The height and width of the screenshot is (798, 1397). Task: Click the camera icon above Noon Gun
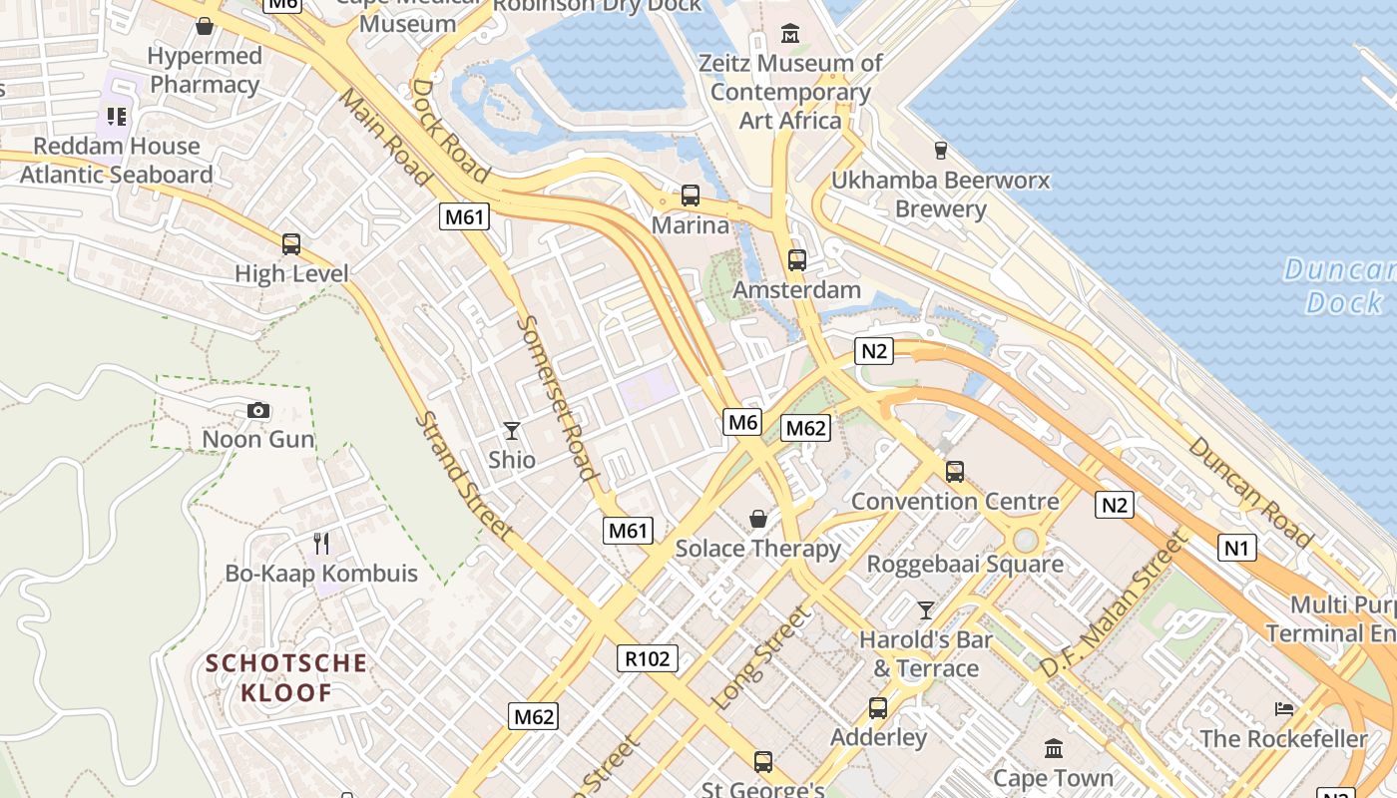(257, 411)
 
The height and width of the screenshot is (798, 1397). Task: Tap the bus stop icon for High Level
(291, 244)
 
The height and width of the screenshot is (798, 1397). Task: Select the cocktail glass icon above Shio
(512, 431)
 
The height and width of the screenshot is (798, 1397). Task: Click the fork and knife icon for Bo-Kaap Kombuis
(321, 544)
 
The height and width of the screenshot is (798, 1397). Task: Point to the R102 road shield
(647, 658)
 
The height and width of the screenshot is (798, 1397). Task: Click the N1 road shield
(1236, 547)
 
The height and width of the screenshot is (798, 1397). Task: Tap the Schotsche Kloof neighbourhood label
(286, 677)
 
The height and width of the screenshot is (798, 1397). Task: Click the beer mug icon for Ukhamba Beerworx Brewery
(940, 151)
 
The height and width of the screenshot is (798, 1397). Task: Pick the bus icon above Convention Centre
(955, 471)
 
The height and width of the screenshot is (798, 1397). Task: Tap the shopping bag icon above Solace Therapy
(758, 519)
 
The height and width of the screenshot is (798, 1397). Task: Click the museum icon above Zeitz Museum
(790, 34)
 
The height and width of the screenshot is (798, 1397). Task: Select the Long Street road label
(760, 658)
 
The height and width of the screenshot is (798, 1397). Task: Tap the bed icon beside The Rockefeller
(1284, 709)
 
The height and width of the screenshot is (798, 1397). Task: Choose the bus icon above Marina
(690, 196)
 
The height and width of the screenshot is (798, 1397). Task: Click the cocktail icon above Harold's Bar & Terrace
(926, 609)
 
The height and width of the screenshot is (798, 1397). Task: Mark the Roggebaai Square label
(964, 564)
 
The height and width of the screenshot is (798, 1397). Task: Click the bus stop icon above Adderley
(878, 708)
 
